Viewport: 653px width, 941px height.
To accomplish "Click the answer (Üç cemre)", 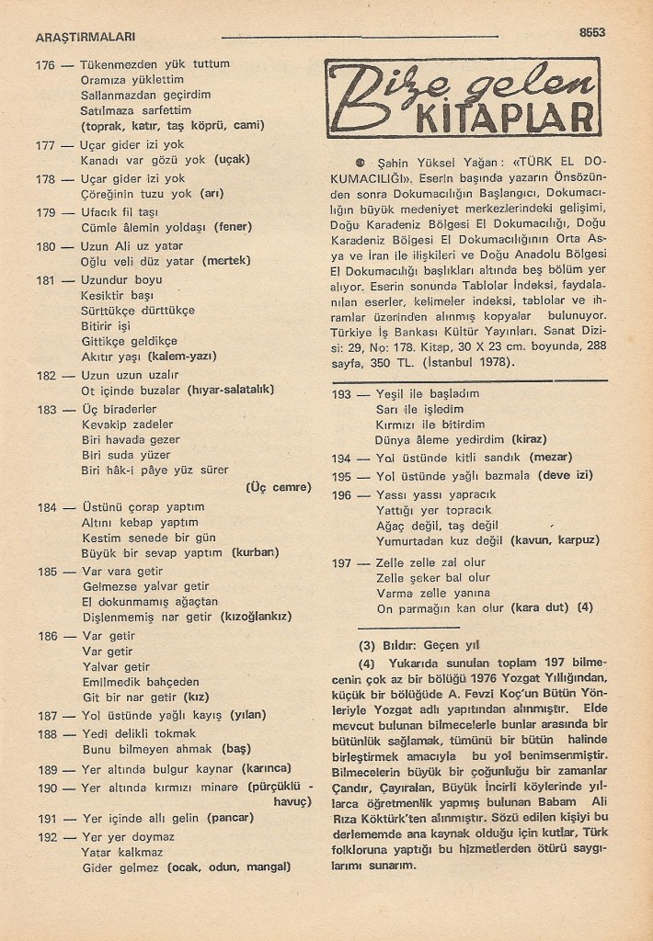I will (280, 487).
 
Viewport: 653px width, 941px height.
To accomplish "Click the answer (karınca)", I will (266, 767).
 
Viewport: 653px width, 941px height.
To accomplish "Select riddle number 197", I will (341, 562).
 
